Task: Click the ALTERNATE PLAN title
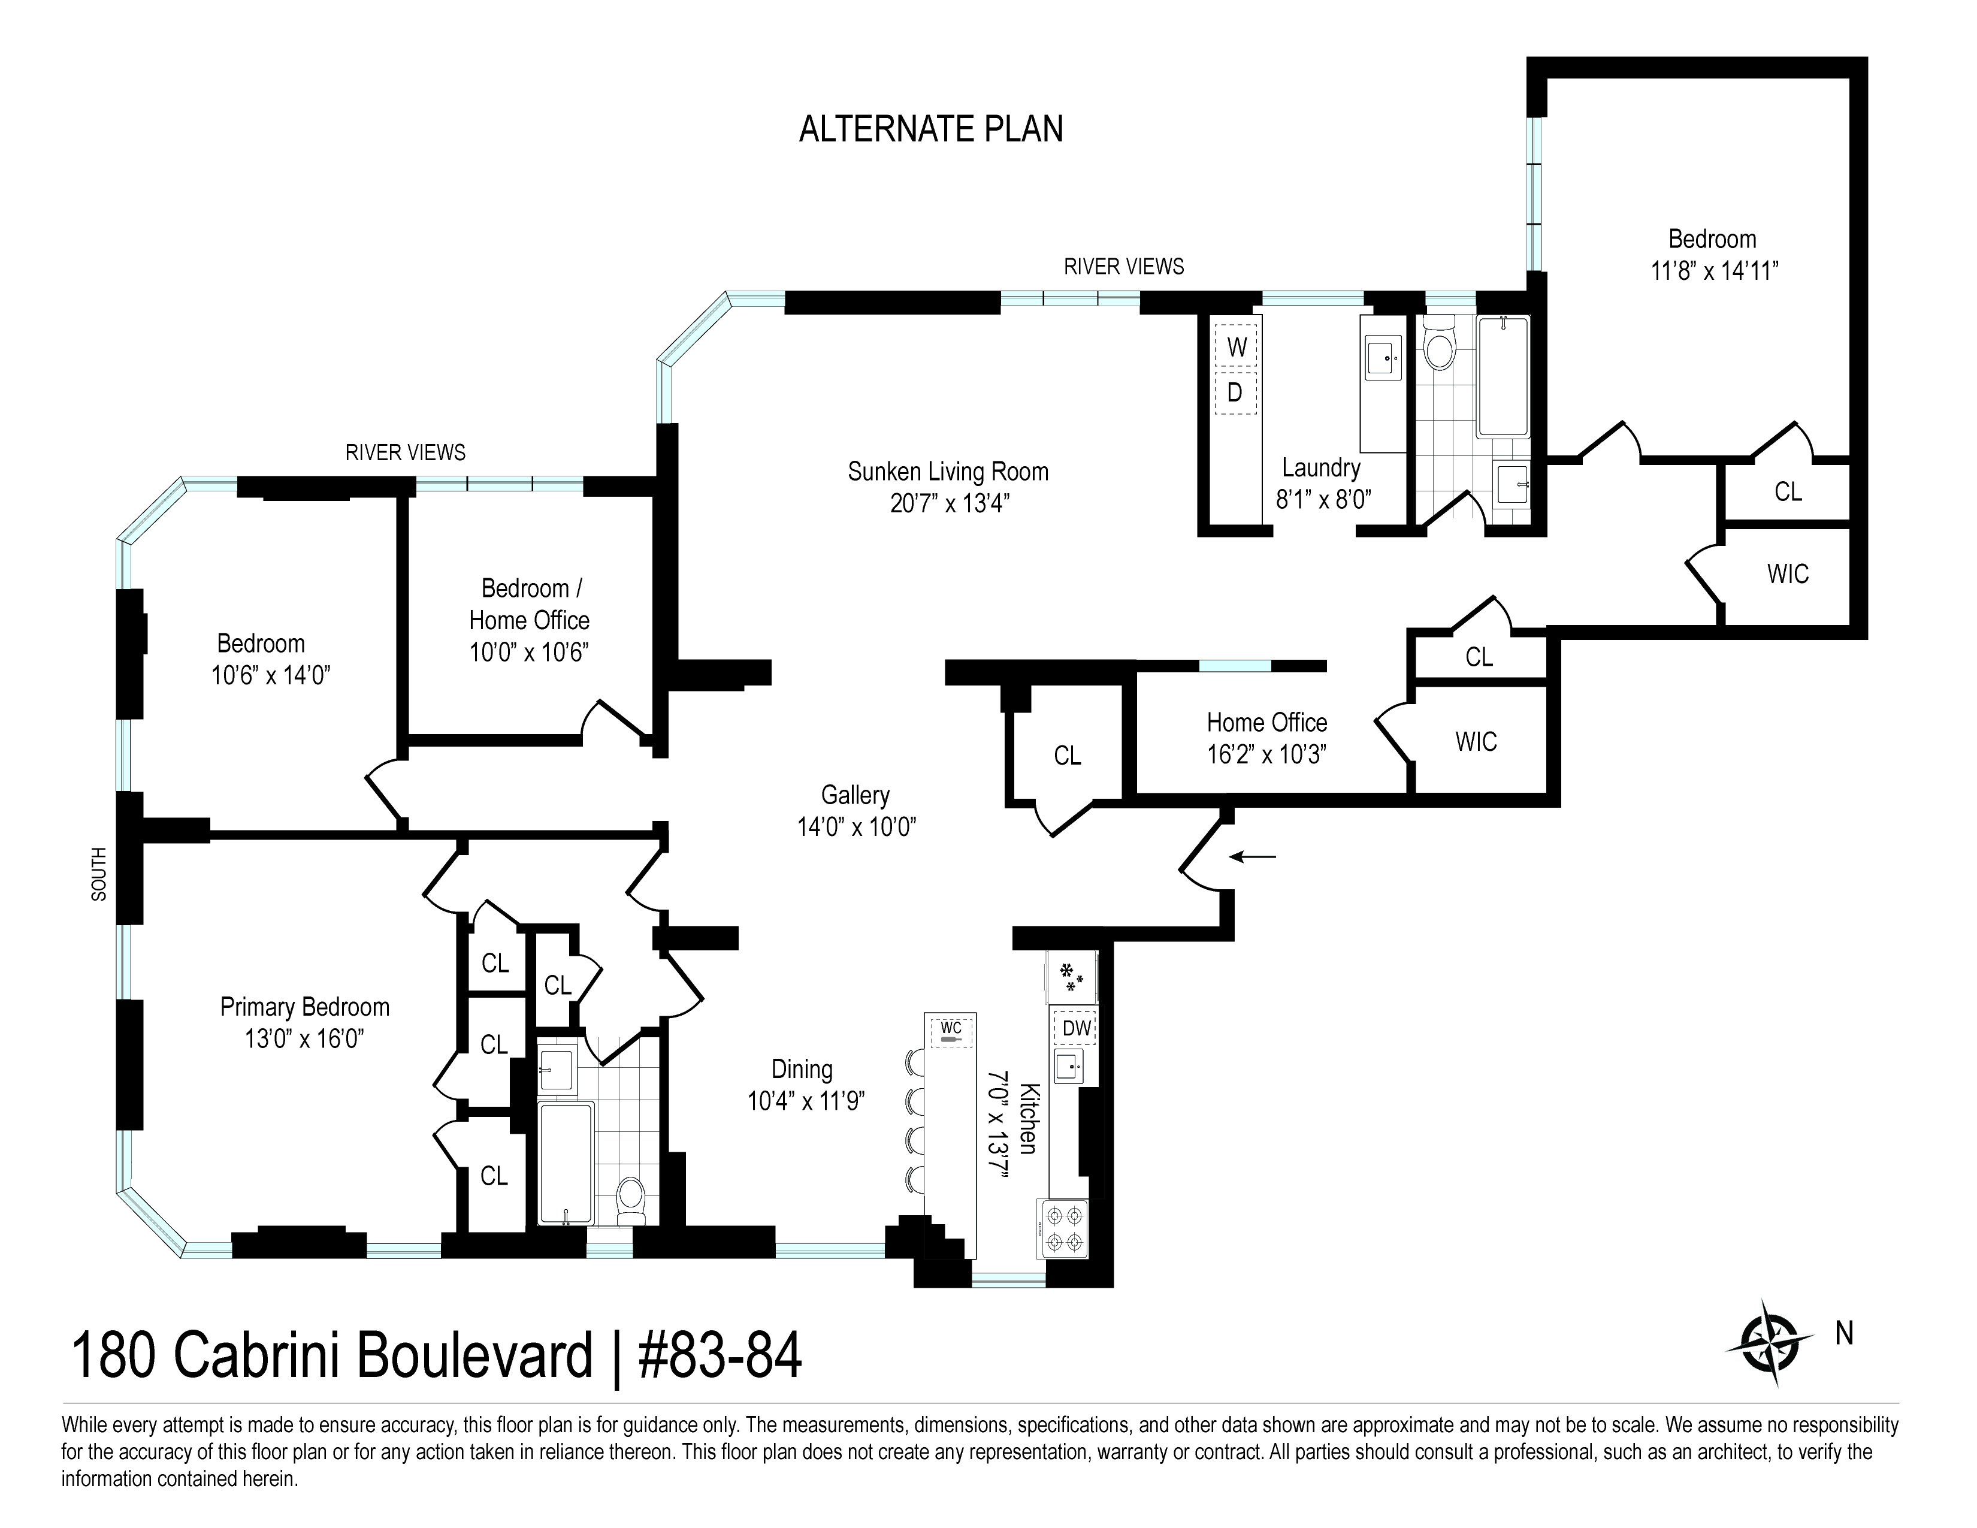coord(930,129)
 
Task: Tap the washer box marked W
coord(1235,347)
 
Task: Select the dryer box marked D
coord(1235,393)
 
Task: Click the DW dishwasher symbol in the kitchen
coord(1075,1028)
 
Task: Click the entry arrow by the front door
coord(1252,856)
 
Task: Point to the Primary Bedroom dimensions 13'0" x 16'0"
coord(305,1038)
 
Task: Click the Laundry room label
coord(1321,468)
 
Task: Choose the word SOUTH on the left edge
coord(99,874)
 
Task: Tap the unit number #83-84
coord(721,1356)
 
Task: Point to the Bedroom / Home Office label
coord(530,604)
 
